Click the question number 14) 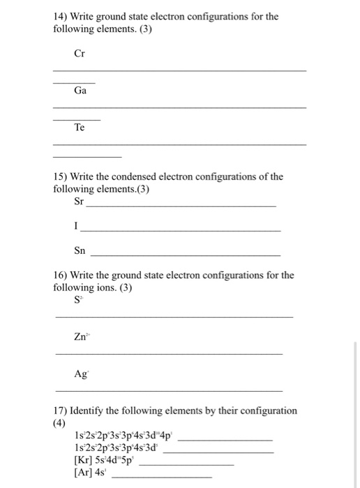(x=61, y=16)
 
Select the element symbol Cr (x=80, y=53)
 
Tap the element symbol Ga (x=80, y=91)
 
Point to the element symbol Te (x=80, y=128)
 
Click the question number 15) (x=61, y=176)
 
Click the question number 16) (x=61, y=275)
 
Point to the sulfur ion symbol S (x=77, y=300)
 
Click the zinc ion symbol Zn (x=81, y=337)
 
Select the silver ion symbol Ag (x=80, y=374)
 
